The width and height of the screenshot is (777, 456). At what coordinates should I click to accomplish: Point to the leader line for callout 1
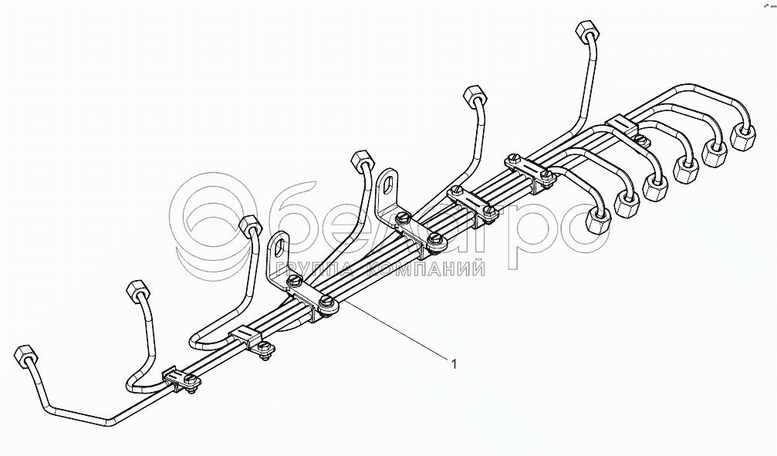394,332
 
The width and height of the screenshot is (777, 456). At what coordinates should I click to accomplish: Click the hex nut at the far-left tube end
24,356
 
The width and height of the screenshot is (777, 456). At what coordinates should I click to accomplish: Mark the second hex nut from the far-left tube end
135,293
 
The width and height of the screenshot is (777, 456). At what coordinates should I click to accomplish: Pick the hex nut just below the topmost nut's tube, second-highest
473,96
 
